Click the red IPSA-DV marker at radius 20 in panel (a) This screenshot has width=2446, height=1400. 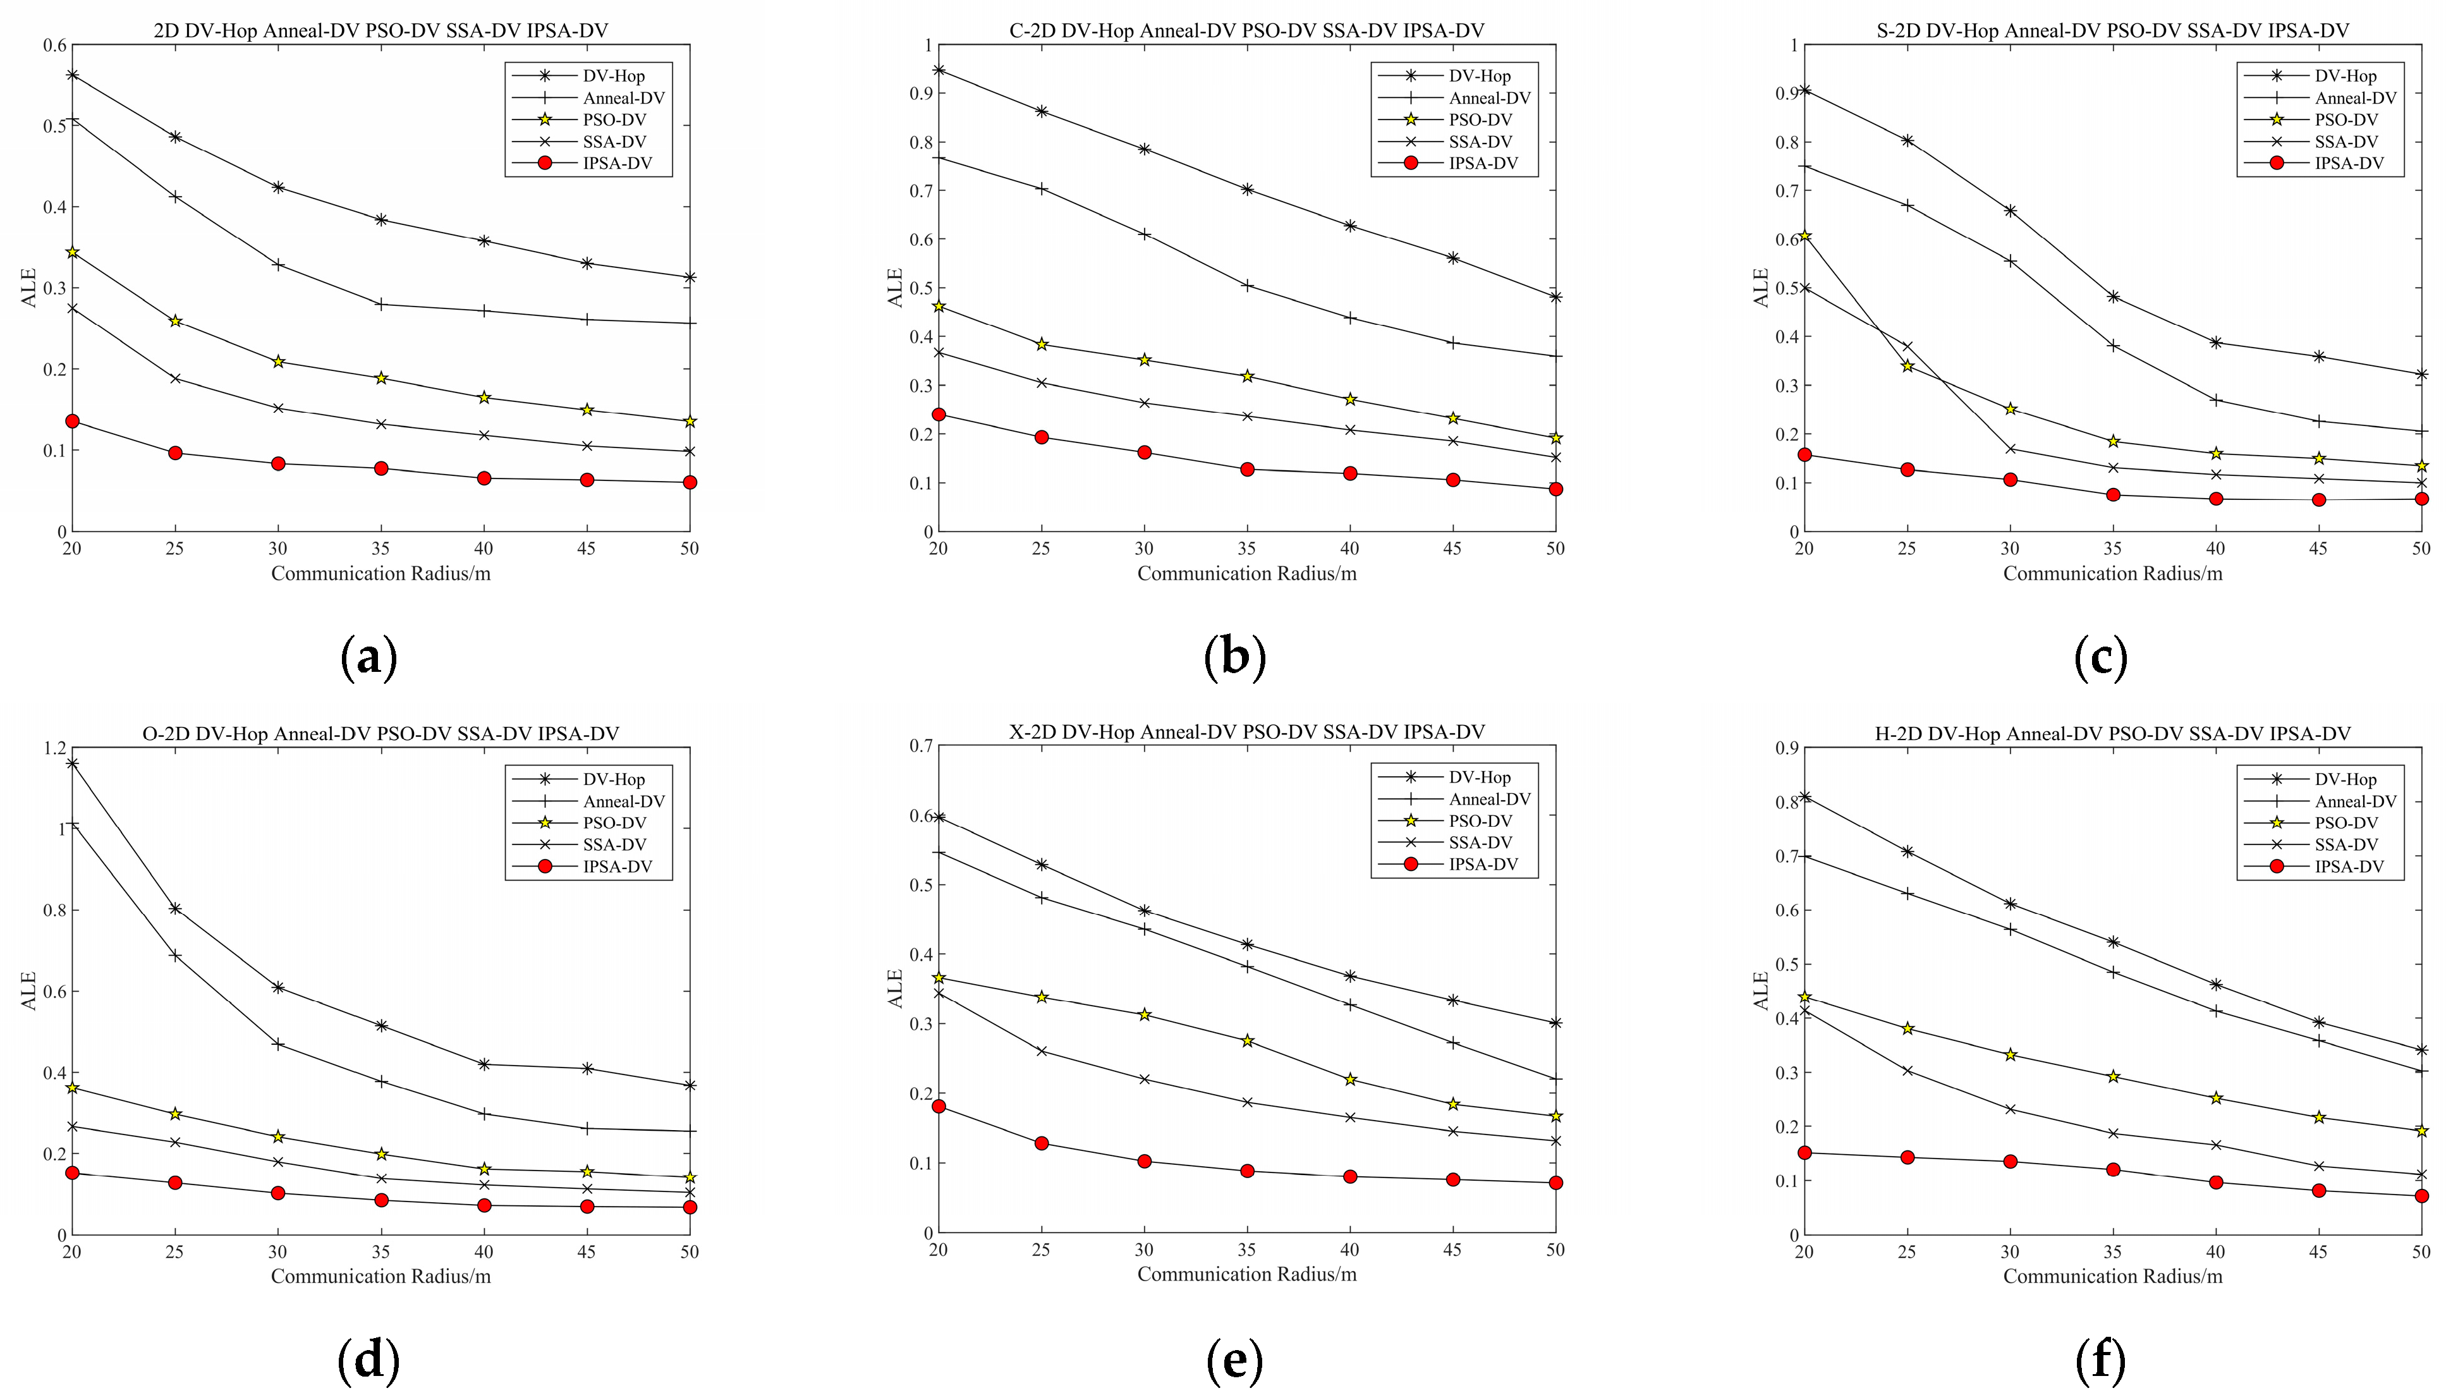pyautogui.click(x=72, y=421)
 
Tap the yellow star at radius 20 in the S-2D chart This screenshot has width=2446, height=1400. pyautogui.click(x=1804, y=236)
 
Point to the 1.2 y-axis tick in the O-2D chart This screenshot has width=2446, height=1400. pyautogui.click(x=56, y=748)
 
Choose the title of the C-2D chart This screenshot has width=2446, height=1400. pyautogui.click(x=1246, y=31)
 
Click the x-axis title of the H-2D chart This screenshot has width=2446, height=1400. pyautogui.click(x=2112, y=1276)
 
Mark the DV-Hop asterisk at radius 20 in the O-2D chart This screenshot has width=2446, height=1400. pyautogui.click(x=72, y=764)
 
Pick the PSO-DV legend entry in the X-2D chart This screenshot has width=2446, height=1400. pyautogui.click(x=1480, y=821)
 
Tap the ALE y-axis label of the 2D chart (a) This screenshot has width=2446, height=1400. pyautogui.click(x=29, y=288)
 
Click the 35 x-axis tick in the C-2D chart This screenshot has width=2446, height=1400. pyautogui.click(x=1246, y=548)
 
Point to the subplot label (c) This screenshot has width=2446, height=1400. pyautogui.click(x=2101, y=658)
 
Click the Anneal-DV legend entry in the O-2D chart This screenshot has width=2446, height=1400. pyautogui.click(x=623, y=801)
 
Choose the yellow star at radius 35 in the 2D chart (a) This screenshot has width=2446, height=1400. pyautogui.click(x=380, y=378)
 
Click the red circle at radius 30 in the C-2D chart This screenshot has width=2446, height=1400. pyautogui.click(x=1144, y=452)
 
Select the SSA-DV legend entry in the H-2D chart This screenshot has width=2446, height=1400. pyautogui.click(x=2346, y=844)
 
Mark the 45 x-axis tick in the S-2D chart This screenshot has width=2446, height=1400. pyautogui.click(x=2318, y=548)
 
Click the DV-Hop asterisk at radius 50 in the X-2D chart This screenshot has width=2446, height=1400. pyautogui.click(x=1555, y=1023)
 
